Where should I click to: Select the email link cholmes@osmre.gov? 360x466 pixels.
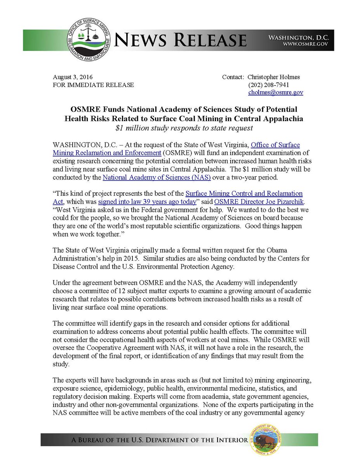276,92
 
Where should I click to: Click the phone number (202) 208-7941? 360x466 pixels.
268,85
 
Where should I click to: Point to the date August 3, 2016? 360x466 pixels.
73,77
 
